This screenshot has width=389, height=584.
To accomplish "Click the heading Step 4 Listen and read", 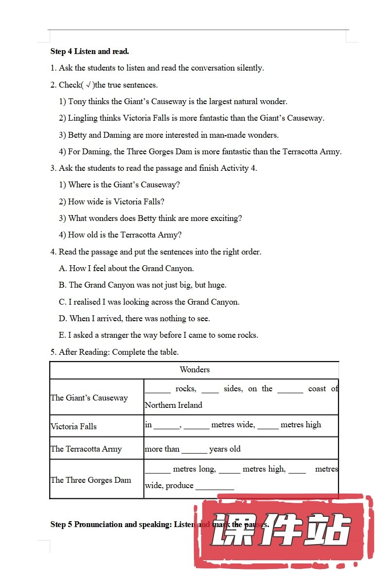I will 89,51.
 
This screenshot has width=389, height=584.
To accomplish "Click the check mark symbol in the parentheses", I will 88,85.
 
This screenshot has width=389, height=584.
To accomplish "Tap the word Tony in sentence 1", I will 77,101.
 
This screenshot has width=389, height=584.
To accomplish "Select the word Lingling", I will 83,118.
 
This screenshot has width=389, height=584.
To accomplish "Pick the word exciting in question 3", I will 226,218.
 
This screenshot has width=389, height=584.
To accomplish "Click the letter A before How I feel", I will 62,268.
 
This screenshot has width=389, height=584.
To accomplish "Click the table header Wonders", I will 194,369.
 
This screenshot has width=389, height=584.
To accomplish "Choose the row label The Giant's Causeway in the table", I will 89,398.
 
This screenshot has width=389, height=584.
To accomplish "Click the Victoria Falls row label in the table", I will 73,426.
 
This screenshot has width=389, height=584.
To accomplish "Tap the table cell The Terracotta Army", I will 86,449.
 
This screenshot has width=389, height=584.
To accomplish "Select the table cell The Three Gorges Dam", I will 90,480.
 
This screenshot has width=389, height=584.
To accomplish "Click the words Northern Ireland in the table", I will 173,405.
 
